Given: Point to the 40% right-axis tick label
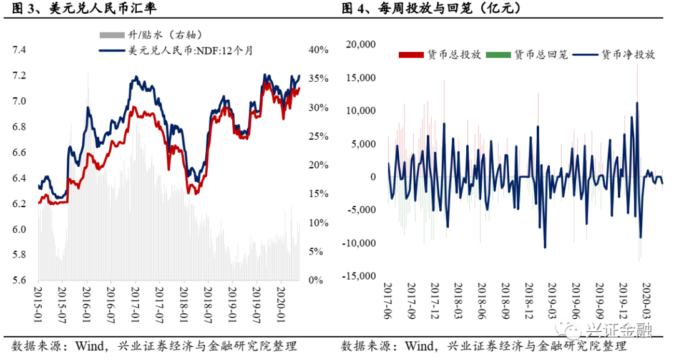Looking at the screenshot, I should [319, 50].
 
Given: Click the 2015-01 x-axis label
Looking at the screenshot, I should [37, 303].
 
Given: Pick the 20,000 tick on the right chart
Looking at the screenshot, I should [360, 44].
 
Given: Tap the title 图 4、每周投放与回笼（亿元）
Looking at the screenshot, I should [431, 9].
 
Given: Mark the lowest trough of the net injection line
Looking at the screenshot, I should [545, 247].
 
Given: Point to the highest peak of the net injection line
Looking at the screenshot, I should [637, 103].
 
